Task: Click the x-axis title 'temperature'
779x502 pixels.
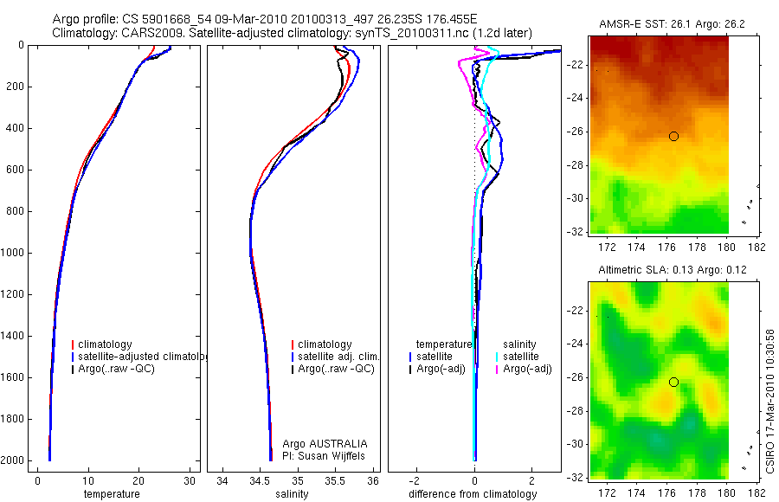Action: (111, 494)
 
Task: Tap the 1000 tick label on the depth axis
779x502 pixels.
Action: (13, 254)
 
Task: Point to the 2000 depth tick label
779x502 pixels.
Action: (13, 461)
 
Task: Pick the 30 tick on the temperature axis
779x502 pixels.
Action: (190, 481)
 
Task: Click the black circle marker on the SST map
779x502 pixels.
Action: (673, 136)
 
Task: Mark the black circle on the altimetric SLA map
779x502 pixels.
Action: (673, 382)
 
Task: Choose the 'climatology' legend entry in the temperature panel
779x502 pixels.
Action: (108, 344)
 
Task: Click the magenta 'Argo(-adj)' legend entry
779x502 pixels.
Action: (528, 369)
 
